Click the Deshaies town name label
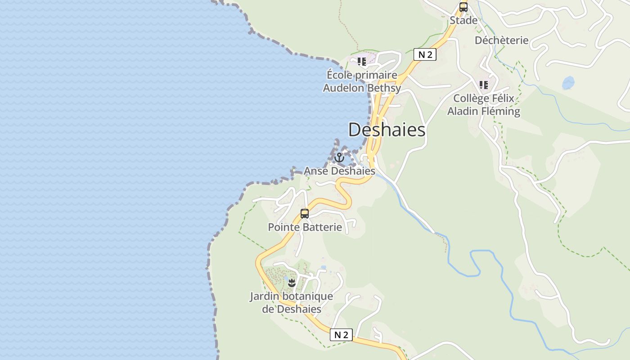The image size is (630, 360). coord(387,130)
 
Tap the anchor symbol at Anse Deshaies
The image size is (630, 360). coord(339,157)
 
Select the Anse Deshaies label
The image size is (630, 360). coord(339,171)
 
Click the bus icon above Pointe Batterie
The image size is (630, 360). coord(305,213)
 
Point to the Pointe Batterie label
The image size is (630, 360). coord(305,227)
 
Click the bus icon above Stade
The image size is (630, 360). coord(463,7)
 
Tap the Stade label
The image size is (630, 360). coord(463,20)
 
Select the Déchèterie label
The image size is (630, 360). coord(501,40)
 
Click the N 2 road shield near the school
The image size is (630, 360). coord(425,54)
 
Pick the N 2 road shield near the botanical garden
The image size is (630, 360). coord(341,335)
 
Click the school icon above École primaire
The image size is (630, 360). coord(362,61)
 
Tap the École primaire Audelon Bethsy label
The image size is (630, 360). coord(362,81)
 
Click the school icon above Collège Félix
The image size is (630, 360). coord(484,85)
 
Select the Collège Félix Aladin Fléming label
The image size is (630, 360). coord(484,104)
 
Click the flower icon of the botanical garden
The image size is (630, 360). coord(292,283)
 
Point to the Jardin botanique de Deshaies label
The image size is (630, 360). coord(292,302)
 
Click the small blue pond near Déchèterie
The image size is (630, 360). coord(568,83)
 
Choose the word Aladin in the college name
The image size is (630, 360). coord(463,111)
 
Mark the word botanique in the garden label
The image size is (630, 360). coord(306,296)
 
